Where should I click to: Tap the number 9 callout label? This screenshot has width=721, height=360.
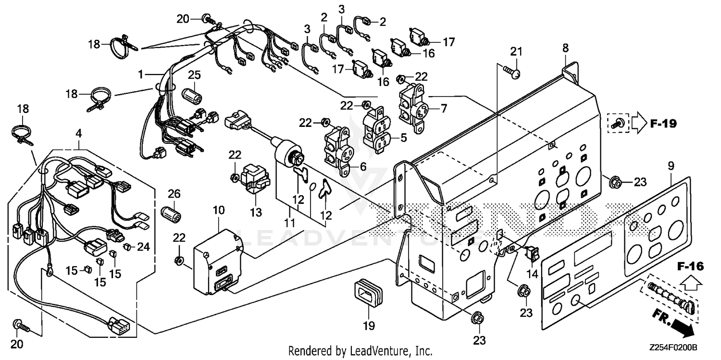tap(671, 166)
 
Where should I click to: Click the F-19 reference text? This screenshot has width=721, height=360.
tap(663, 124)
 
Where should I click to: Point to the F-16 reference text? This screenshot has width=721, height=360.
tap(691, 266)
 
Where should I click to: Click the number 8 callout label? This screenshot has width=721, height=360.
tap(565, 48)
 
